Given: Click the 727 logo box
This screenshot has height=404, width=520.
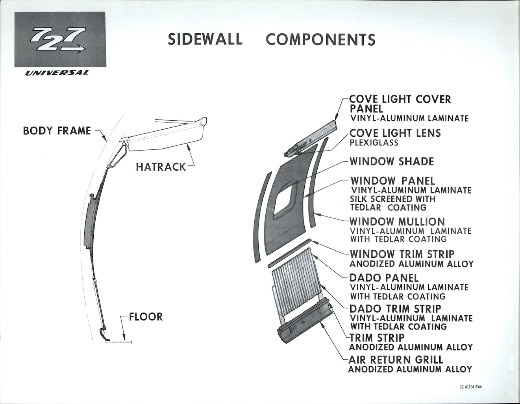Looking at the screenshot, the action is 60,39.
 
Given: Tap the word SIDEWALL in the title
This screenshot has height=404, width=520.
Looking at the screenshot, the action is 205,39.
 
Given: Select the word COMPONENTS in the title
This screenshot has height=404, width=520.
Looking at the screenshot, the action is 320,39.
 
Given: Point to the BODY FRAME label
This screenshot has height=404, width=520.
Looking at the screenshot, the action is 57,130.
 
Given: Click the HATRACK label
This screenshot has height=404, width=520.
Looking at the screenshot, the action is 161,167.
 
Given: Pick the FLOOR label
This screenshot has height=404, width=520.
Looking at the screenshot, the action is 146,316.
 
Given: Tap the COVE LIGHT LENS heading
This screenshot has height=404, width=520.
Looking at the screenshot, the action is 395,133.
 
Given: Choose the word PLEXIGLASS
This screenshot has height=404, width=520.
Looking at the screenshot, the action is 374,143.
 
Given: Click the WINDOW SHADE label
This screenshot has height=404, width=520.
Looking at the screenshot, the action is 392,162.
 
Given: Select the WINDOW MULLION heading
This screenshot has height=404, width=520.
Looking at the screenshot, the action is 398,222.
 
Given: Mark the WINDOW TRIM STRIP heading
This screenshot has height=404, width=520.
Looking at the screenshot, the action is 402,254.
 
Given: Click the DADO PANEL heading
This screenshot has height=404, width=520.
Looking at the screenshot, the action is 384,278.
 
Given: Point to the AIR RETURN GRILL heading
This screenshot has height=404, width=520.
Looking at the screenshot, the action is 396,359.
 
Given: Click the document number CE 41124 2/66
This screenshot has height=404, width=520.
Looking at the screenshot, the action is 470,387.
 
